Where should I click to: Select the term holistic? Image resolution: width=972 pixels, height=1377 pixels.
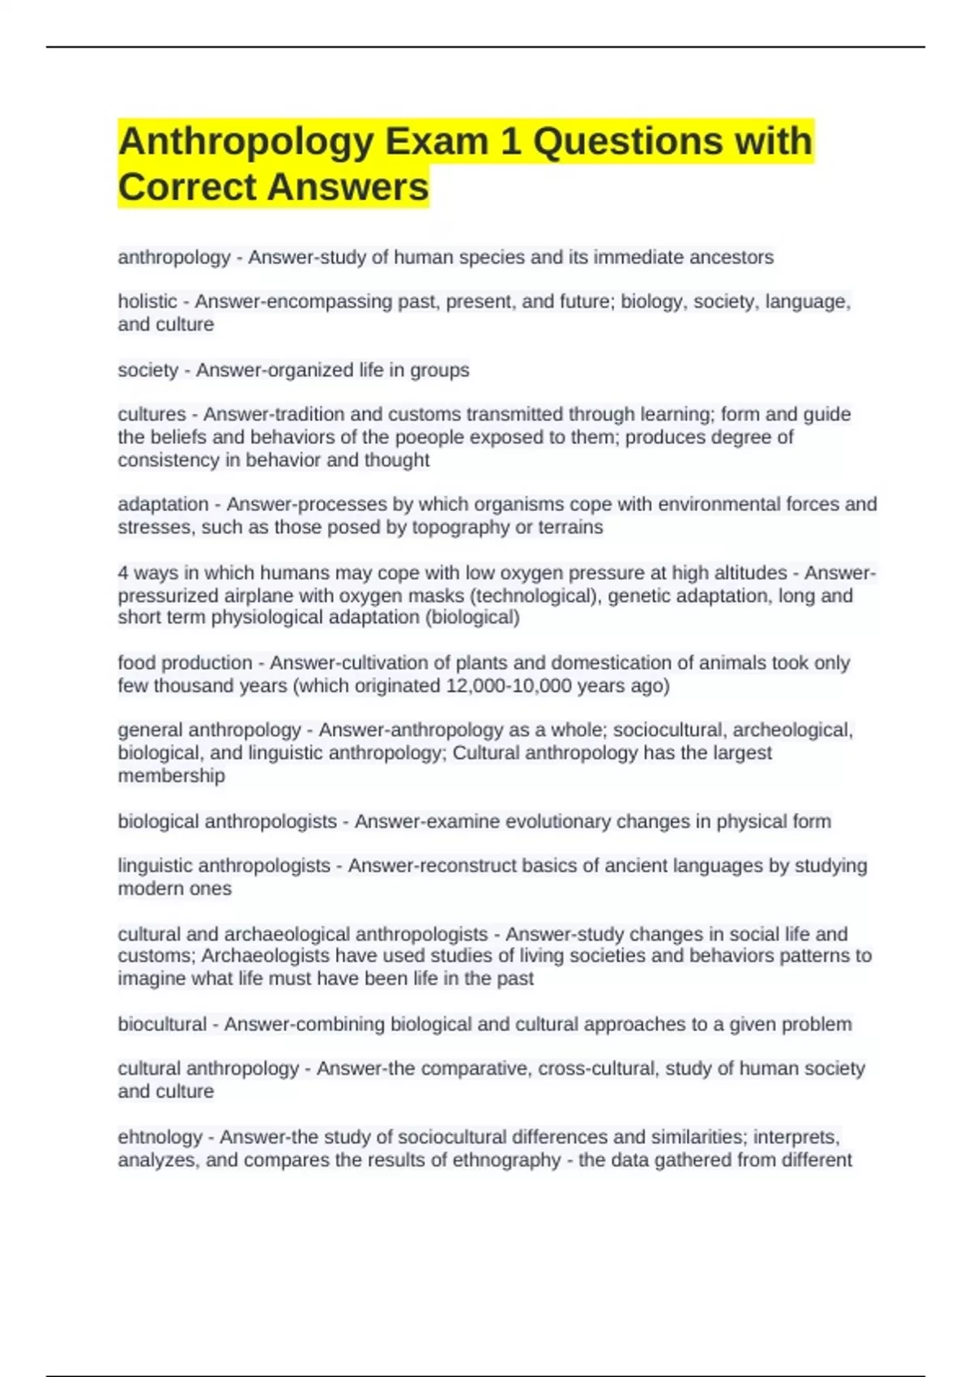click(x=147, y=301)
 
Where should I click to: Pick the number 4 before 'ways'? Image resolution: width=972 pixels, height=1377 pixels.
click(x=123, y=573)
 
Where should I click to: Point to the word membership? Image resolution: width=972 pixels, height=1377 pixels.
click(x=172, y=775)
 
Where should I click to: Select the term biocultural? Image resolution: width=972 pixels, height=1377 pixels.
click(x=162, y=1024)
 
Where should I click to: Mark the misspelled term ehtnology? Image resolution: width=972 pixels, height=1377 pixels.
click(x=160, y=1137)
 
